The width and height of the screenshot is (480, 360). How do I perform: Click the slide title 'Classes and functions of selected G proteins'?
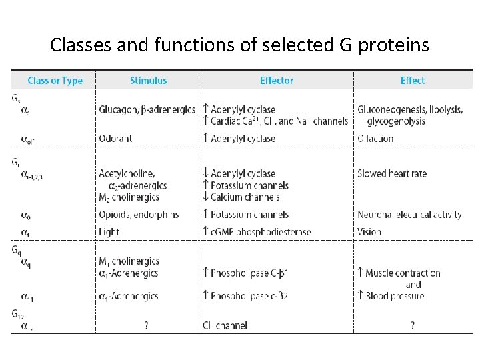tap(240, 45)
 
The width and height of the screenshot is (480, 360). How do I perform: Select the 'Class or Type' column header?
tap(55, 81)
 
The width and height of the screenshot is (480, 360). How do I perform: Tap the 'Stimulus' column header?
tap(148, 81)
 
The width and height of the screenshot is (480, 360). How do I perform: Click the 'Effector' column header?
tap(276, 81)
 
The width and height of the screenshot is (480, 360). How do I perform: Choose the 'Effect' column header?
tap(412, 81)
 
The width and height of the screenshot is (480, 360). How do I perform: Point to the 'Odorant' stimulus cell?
tap(115, 139)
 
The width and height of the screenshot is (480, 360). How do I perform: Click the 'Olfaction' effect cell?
tap(375, 139)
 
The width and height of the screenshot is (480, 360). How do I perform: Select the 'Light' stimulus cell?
tap(109, 232)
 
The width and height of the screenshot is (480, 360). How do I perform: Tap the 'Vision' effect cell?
tap(369, 232)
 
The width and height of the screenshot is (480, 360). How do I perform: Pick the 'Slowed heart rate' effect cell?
tap(392, 173)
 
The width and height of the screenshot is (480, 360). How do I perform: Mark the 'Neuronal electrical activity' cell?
tap(409, 215)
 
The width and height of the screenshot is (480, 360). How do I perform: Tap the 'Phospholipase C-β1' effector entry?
tap(249, 273)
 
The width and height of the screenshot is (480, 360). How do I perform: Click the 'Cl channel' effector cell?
tap(225, 325)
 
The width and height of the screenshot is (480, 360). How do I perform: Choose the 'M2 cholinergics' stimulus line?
tap(128, 197)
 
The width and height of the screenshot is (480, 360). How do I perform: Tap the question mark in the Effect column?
tap(412, 325)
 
